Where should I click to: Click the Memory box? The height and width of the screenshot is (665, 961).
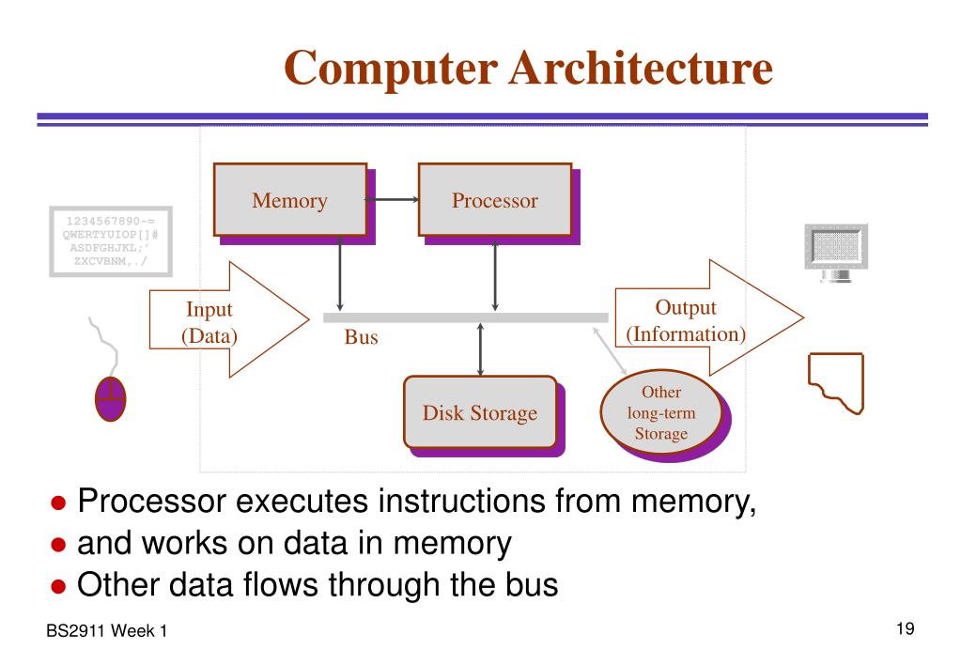[x=289, y=199]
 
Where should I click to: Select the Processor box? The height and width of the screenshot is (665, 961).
[x=494, y=199]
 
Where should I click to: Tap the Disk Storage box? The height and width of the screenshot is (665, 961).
[x=480, y=411]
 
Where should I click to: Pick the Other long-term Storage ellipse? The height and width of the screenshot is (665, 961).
[x=660, y=412]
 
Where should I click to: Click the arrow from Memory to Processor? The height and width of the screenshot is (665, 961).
[x=392, y=199]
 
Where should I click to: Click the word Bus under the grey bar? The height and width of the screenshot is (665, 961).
[x=361, y=337]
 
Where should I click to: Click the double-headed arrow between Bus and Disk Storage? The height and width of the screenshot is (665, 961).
[x=480, y=348]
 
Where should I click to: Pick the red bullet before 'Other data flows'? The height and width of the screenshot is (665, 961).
[x=58, y=588]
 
